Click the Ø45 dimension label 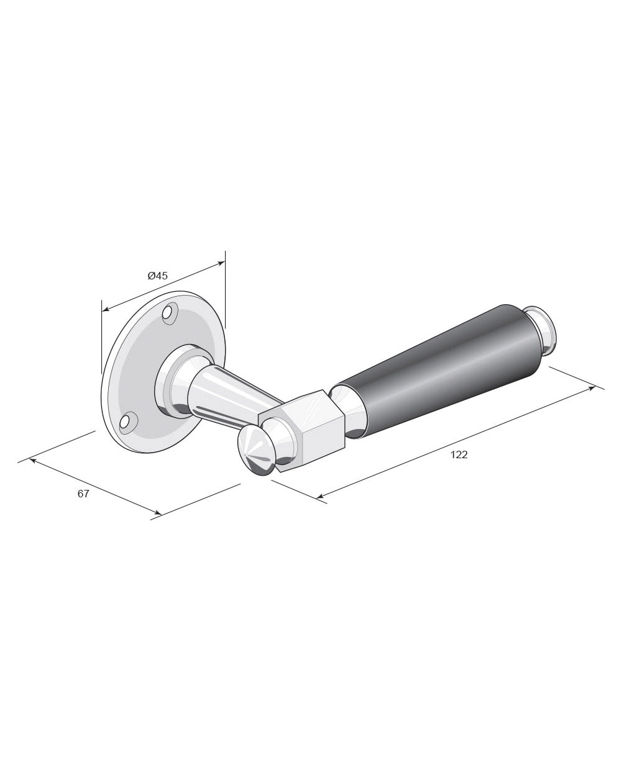[157, 276]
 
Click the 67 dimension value [83, 494]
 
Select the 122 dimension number [459, 454]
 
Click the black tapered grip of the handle [439, 370]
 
